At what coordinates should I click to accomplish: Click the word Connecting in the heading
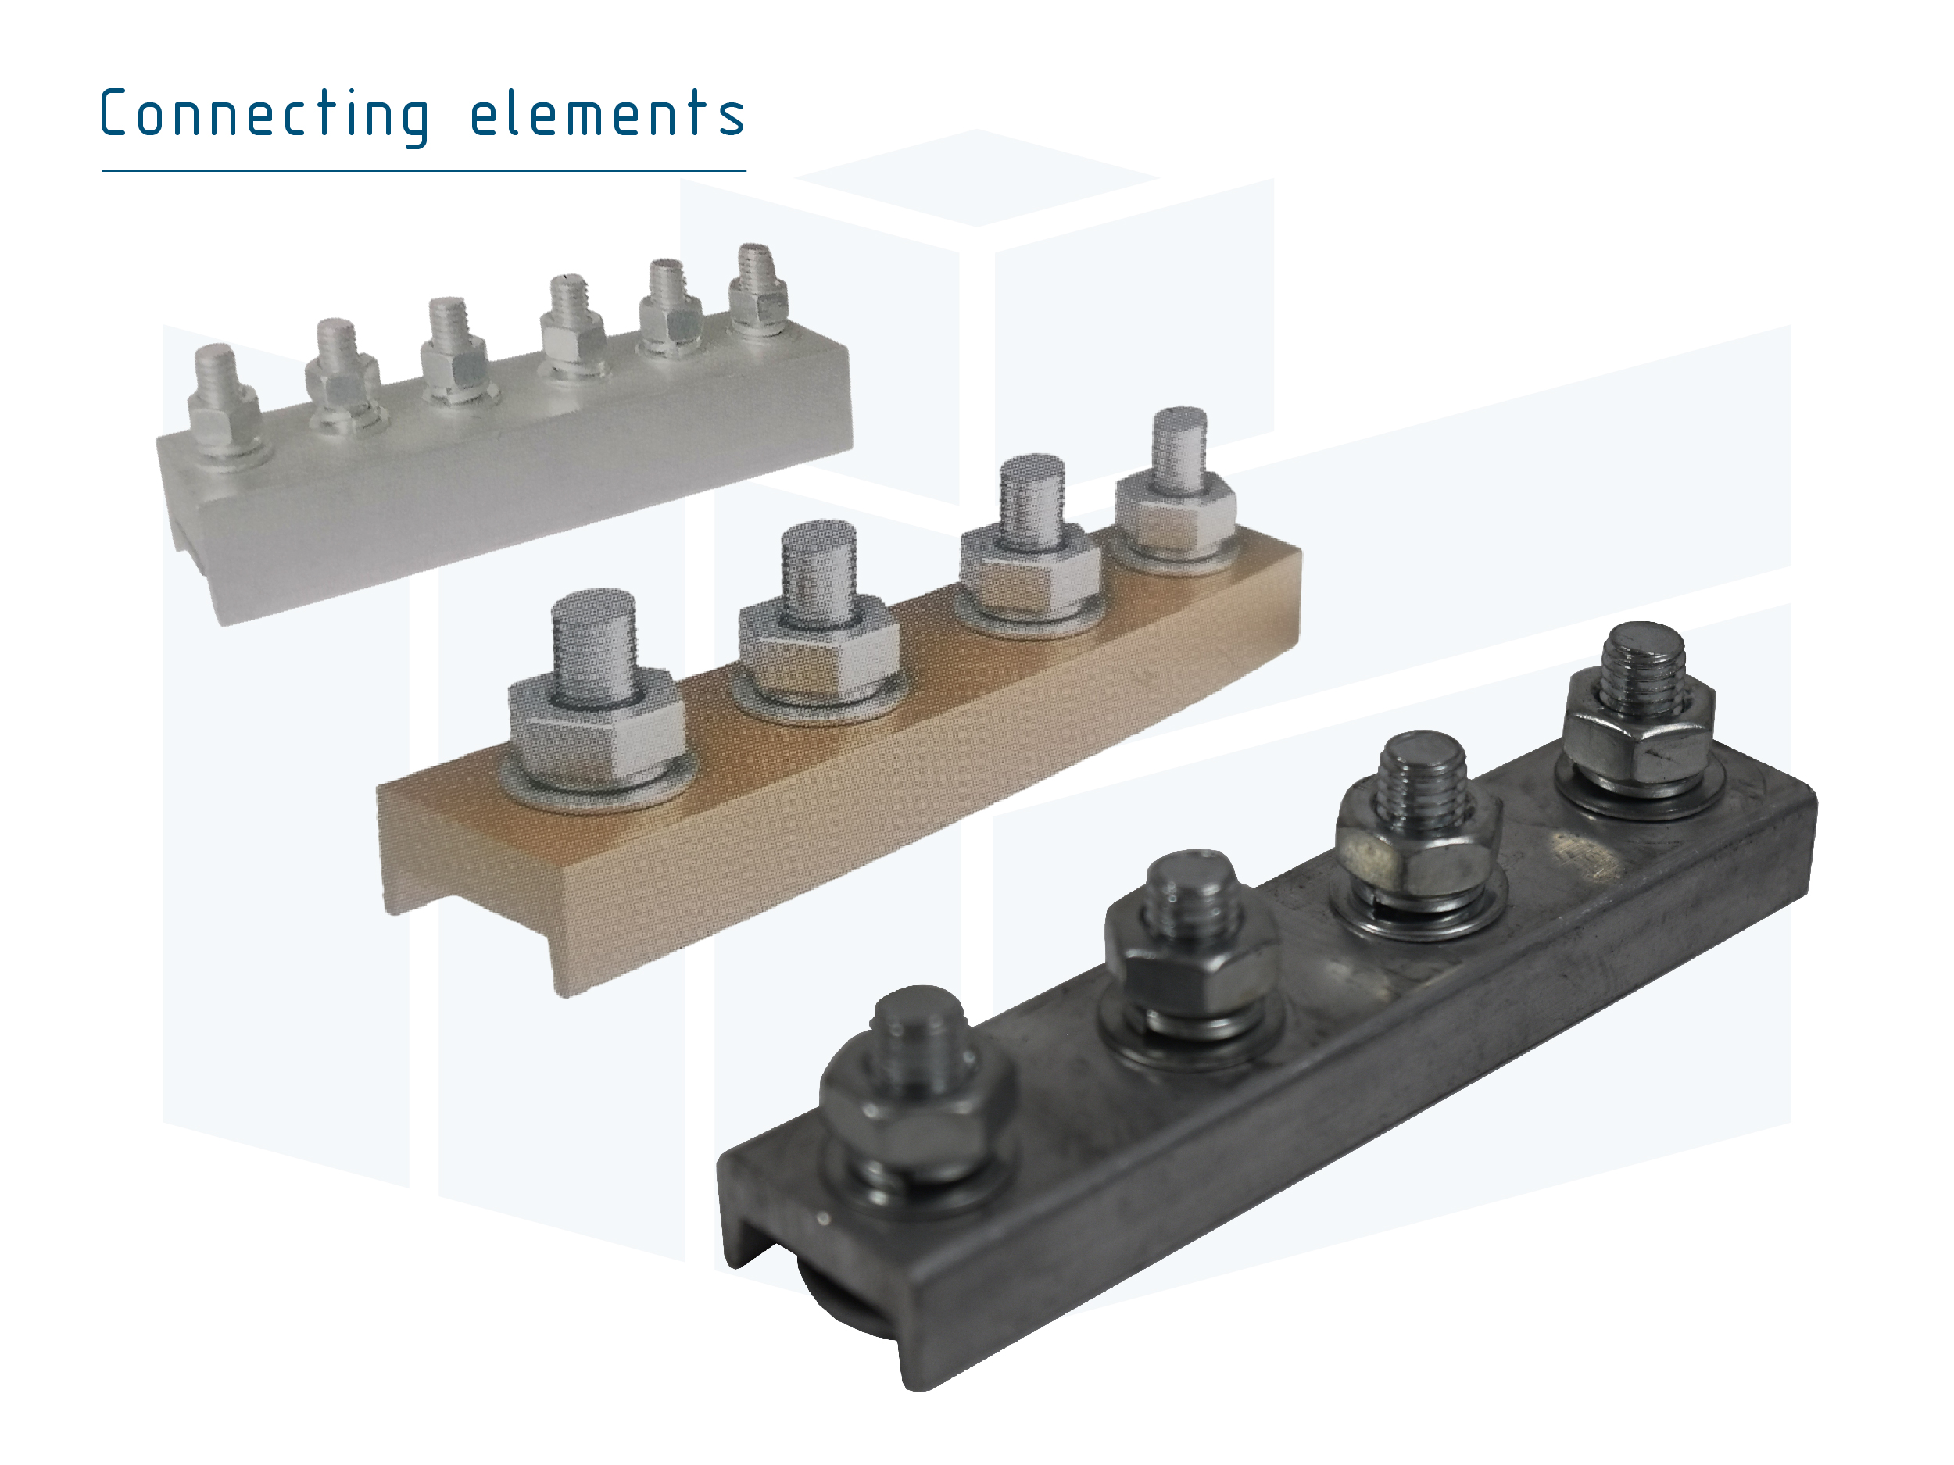[x=265, y=116]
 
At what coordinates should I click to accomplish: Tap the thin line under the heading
[x=424, y=170]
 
